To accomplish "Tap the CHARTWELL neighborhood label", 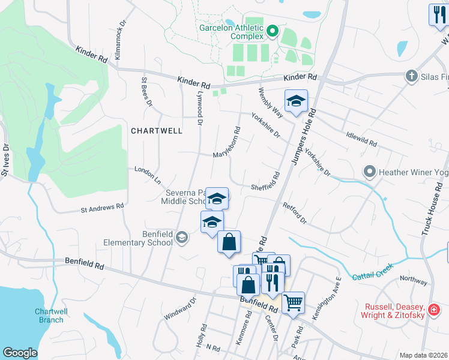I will pyautogui.click(x=156, y=130).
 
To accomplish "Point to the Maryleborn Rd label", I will pyautogui.click(x=227, y=143).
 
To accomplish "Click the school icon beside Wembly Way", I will pyautogui.click(x=296, y=103).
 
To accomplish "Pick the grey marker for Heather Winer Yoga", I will pyautogui.click(x=370, y=172).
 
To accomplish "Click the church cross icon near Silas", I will pyautogui.click(x=412, y=76).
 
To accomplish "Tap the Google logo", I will pyautogui.click(x=20, y=353).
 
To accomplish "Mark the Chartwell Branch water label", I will pyautogui.click(x=49, y=316).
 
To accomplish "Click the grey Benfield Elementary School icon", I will pyautogui.click(x=180, y=239).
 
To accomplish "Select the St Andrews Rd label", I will pyautogui.click(x=102, y=208).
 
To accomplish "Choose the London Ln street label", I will pyautogui.click(x=148, y=175).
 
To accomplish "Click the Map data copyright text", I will pyautogui.click(x=423, y=355).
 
